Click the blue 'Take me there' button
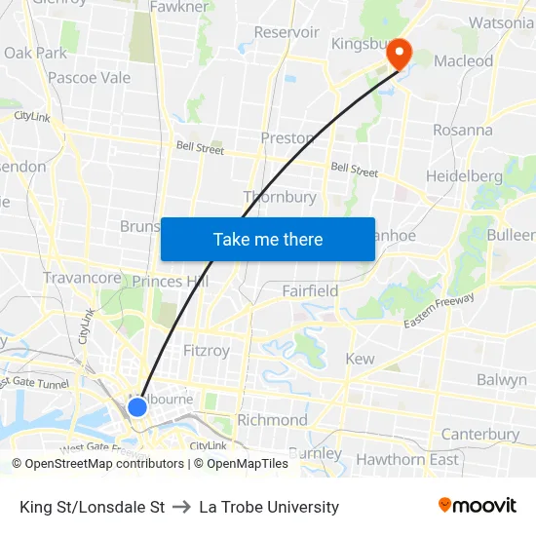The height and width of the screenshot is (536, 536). pos(268,240)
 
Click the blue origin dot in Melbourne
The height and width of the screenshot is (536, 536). pos(137,406)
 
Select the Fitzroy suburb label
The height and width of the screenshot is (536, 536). pos(206,350)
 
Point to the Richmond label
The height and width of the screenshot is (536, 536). pos(272,420)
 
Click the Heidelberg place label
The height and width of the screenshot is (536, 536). pos(464,176)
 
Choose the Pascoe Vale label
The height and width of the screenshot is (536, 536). pos(89,78)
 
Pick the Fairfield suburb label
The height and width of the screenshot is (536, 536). pos(310,290)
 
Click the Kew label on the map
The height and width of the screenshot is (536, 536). pos(360,359)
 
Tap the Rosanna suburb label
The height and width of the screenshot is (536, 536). pos(463,130)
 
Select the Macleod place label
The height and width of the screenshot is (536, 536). pos(463,60)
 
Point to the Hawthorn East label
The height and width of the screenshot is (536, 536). pos(407,459)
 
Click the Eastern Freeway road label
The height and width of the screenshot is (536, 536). pos(439,313)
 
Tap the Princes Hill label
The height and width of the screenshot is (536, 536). pos(171,282)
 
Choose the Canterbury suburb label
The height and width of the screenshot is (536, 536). pos(479,434)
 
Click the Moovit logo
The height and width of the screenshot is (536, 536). pos(477,506)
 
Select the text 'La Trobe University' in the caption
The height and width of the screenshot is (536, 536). pos(269,507)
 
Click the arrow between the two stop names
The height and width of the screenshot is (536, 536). pos(181,507)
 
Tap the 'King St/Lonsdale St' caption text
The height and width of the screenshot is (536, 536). pos(92,507)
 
